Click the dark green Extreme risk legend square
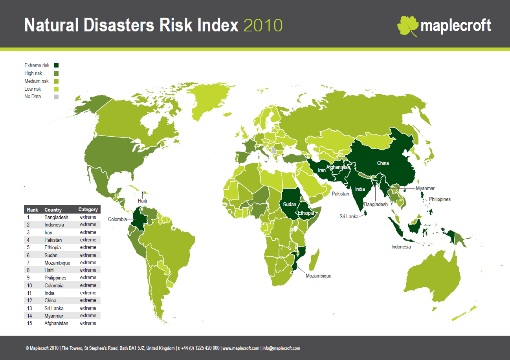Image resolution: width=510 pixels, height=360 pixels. click(56, 65)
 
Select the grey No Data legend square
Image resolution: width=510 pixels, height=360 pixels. click(56, 97)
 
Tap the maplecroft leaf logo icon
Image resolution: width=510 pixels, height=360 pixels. click(407, 26)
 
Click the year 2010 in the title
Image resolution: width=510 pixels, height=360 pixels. click(263, 26)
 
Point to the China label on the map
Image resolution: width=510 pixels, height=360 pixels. click(383, 163)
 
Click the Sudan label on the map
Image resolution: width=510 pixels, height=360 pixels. click(290, 204)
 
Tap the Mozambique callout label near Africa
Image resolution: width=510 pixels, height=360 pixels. click(318, 276)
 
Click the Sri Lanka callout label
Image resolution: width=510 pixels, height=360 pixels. click(349, 216)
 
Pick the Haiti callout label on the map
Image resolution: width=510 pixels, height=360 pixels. click(142, 201)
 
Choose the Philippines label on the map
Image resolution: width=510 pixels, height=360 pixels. click(440, 199)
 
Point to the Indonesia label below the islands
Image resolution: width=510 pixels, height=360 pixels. click(401, 247)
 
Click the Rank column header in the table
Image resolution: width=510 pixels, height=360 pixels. click(32, 210)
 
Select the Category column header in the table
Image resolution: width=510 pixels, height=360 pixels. click(88, 210)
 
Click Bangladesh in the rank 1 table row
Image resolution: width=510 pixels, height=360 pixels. click(56, 217)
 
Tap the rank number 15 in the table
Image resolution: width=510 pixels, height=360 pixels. click(29, 323)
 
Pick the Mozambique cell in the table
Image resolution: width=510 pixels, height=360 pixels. click(57, 263)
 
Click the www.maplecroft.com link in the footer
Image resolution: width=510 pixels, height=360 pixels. click(241, 348)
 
